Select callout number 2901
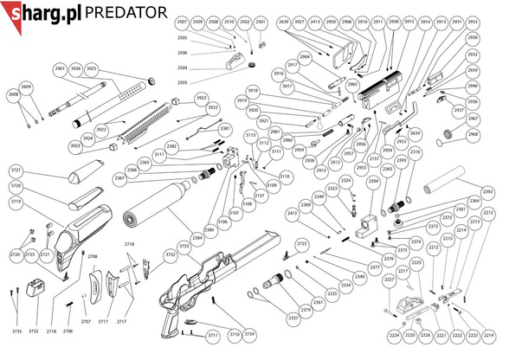(x=60, y=68)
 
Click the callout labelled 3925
(x=92, y=68)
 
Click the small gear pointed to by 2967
(x=448, y=132)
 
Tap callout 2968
(x=473, y=135)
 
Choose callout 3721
(x=16, y=171)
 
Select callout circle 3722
(x=171, y=254)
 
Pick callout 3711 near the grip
(x=213, y=335)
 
